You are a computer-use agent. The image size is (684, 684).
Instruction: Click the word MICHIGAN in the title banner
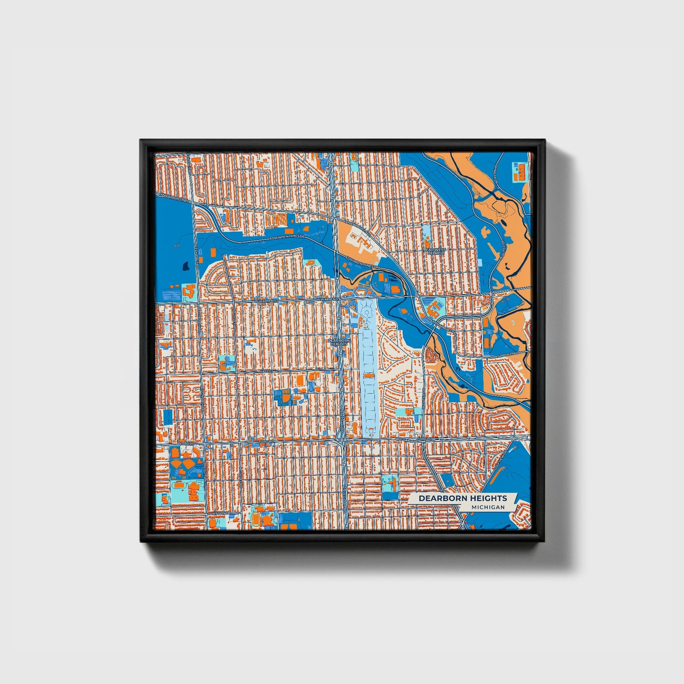tap(488, 507)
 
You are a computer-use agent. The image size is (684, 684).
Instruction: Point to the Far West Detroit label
tap(435, 251)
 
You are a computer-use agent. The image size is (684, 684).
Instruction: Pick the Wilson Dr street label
tap(221, 513)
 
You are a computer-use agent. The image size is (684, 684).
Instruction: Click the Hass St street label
tap(266, 372)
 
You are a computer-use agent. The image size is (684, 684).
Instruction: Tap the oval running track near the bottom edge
tap(256, 519)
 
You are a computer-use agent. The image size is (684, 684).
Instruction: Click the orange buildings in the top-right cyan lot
tap(519, 171)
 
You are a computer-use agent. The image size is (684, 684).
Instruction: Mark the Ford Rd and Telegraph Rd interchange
tap(342, 442)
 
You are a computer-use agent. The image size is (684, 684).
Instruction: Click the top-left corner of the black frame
tap(141, 140)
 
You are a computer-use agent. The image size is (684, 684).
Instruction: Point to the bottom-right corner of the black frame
tap(545, 542)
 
